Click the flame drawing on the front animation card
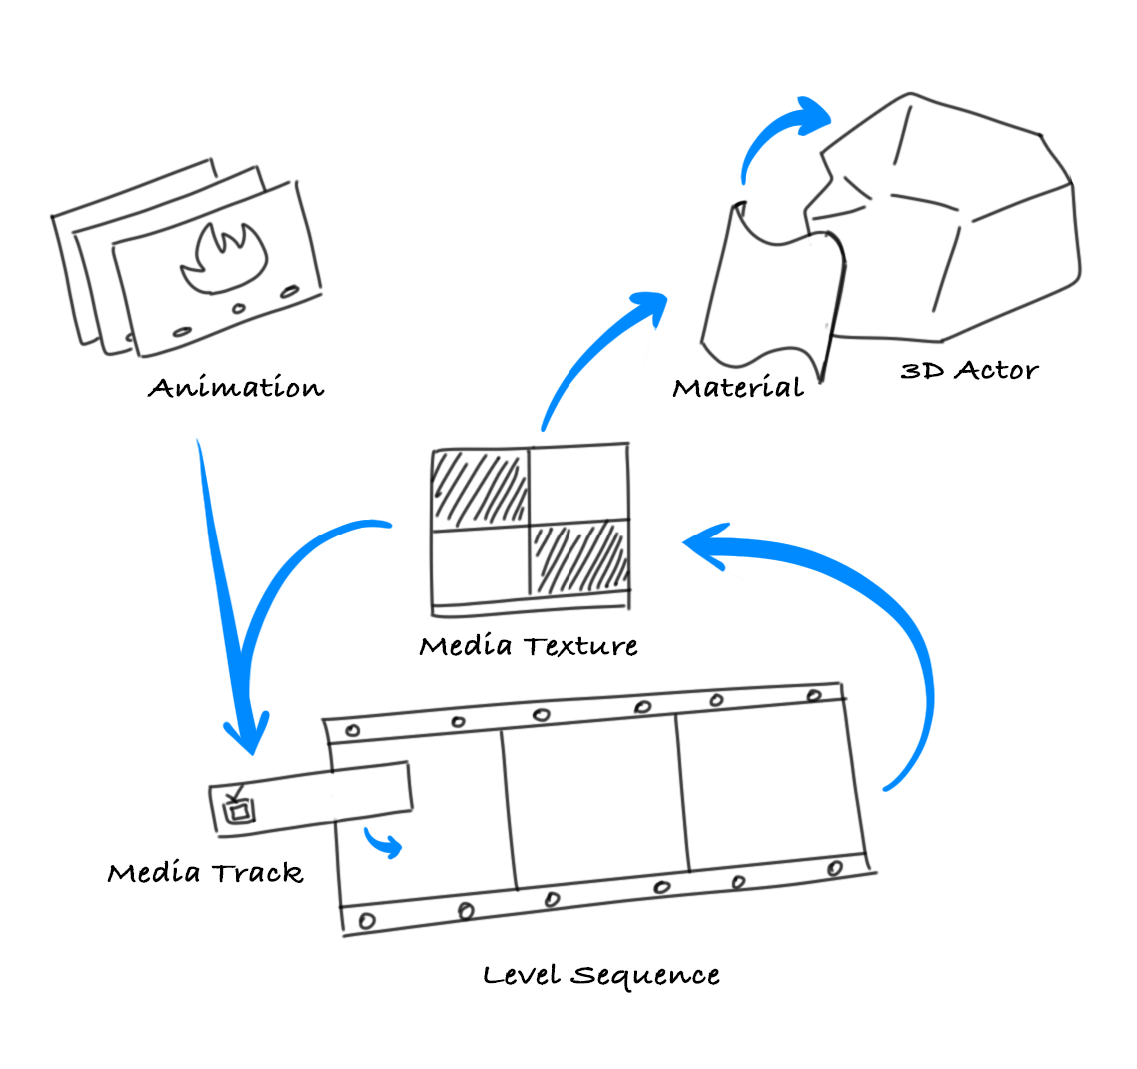(224, 262)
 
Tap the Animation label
(236, 388)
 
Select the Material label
(738, 387)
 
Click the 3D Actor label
(969, 371)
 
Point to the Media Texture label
(529, 646)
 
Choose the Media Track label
(205, 873)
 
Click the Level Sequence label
(600, 975)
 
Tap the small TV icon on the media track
(237, 808)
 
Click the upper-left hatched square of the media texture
(479, 489)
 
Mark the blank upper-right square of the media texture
(577, 484)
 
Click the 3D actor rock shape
(959, 220)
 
